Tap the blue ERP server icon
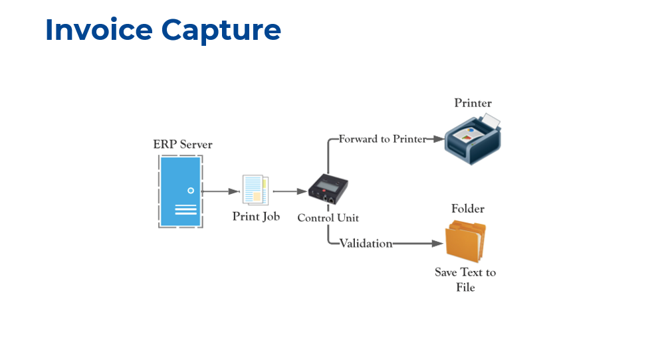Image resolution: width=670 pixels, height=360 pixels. tap(179, 191)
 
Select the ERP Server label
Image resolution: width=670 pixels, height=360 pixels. tap(183, 144)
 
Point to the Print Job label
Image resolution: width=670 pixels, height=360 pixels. tap(256, 217)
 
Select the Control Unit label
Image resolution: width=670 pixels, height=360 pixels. tap(328, 218)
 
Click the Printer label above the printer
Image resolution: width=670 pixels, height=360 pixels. tap(473, 103)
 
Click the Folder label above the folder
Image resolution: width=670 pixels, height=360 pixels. tap(468, 209)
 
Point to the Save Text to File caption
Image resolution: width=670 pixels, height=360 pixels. tap(465, 280)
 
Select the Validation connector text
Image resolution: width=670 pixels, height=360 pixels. tap(366, 244)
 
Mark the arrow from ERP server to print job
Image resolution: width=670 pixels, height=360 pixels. tap(219, 191)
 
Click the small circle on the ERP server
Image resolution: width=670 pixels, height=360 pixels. tap(190, 191)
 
